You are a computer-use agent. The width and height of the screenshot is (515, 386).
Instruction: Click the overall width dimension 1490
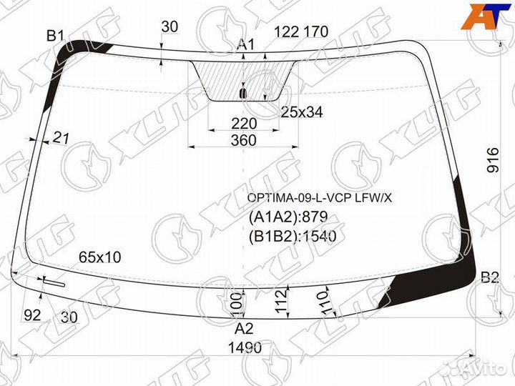point(245,348)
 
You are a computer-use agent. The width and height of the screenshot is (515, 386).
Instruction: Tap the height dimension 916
point(493,160)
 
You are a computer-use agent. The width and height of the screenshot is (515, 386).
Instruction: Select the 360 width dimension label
point(243,140)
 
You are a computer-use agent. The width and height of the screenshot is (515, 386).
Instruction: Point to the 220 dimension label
point(244,124)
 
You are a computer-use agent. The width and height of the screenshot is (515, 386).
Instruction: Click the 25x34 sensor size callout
point(302,112)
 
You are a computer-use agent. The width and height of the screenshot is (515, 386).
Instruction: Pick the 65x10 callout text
point(100,257)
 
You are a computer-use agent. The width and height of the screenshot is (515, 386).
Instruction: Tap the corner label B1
point(56,35)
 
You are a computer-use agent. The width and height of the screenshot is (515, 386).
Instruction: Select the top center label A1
point(245,44)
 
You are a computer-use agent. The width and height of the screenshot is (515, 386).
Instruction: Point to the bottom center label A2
point(244,328)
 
